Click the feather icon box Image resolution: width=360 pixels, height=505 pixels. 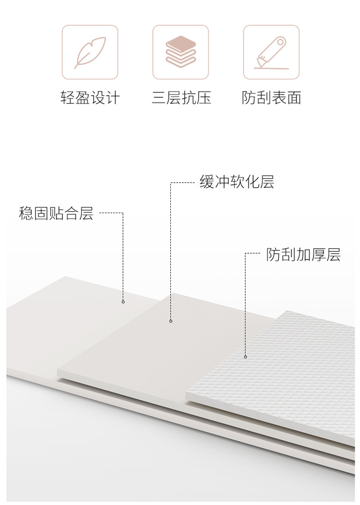coord(90,52)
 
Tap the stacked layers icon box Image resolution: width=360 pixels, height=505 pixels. coord(180,52)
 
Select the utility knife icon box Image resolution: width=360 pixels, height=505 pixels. coord(271,52)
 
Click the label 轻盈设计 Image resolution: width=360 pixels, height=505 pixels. coord(90,97)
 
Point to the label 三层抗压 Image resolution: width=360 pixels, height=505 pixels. coord(181,97)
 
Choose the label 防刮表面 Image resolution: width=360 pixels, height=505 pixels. coord(272,97)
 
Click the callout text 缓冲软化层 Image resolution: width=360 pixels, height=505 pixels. coord(237,182)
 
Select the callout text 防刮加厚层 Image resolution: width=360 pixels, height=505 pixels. coord(303,255)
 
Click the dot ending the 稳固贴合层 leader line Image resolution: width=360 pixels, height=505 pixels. coord(123,302)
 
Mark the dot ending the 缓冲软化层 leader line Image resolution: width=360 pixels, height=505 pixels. coord(171,321)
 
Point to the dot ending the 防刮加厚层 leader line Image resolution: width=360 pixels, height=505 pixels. coord(245,357)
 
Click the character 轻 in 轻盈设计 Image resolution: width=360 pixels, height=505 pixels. coord(67,97)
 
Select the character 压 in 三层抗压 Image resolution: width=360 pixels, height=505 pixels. coord(204,97)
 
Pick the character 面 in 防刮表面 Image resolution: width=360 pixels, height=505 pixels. coord(294,97)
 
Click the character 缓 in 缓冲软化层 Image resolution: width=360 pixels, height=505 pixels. coord(207,182)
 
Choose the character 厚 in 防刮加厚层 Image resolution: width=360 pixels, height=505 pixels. coord(319,255)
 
